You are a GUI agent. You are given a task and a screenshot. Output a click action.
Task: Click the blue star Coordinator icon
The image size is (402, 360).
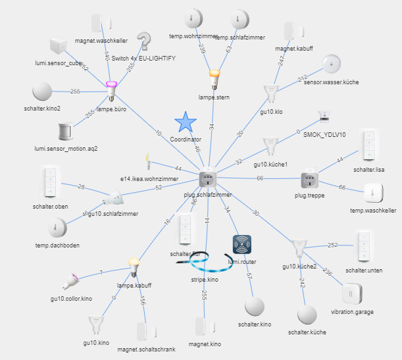pyautogui.click(x=186, y=122)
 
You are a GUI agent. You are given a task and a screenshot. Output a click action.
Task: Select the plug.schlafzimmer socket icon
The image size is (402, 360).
pyautogui.click(x=208, y=178)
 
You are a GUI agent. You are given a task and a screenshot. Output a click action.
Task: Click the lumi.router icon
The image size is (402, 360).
pyautogui.click(x=243, y=245)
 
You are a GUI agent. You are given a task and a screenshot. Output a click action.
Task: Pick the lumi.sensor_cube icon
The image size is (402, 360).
pyautogui.click(x=59, y=48)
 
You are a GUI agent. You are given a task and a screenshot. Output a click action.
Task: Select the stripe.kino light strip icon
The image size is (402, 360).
pyautogui.click(x=201, y=263)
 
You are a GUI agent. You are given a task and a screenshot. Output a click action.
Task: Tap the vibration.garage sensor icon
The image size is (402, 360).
pyautogui.click(x=351, y=294)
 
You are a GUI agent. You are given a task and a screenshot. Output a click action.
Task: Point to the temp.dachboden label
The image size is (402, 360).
pyautogui.click(x=58, y=245)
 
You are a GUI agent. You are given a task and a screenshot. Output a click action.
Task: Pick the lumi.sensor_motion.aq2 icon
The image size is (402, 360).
pyautogui.click(x=66, y=131)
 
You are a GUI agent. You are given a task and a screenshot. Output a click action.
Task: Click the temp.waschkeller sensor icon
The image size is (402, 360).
pyautogui.click(x=373, y=193)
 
